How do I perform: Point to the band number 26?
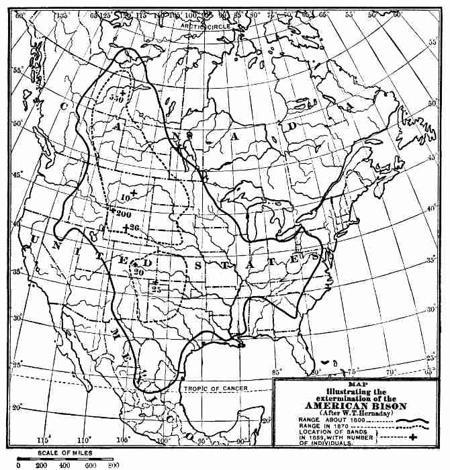(x=134, y=228)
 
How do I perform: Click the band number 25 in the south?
(x=156, y=289)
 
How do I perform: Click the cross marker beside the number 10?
(x=135, y=194)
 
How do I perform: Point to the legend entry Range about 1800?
(x=328, y=421)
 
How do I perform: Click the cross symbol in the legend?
(x=422, y=438)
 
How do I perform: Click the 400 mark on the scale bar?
(x=66, y=465)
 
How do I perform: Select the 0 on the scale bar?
(x=19, y=465)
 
